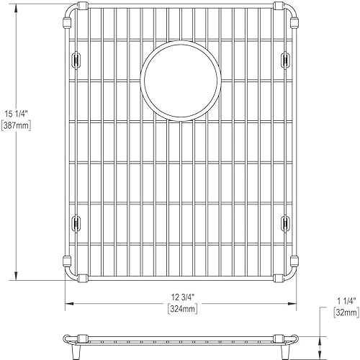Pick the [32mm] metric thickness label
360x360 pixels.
(346, 314)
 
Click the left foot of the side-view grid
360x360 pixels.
(75, 348)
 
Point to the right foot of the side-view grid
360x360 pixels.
(284, 348)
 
